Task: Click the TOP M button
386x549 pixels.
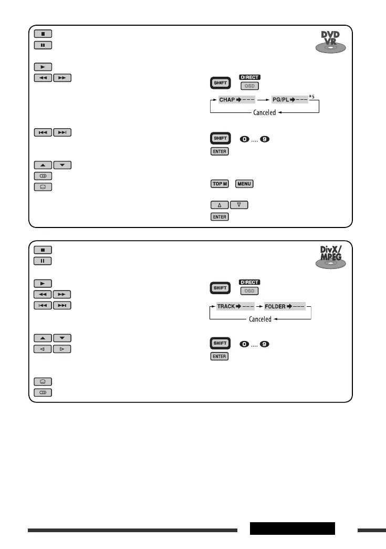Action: (x=220, y=184)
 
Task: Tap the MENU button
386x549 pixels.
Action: (x=244, y=184)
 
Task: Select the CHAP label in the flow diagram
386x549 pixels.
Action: (x=227, y=100)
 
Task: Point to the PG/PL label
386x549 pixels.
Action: (x=280, y=100)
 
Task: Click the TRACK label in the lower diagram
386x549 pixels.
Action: (x=226, y=306)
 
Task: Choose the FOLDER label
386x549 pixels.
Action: (x=275, y=306)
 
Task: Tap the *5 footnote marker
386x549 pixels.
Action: (x=311, y=97)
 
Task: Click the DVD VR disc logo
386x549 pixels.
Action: (x=330, y=42)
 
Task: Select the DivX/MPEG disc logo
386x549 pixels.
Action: (x=330, y=257)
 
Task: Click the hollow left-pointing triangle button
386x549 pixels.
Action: (x=43, y=349)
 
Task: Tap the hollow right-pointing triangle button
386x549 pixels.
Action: (x=62, y=349)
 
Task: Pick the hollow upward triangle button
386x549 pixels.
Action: (x=220, y=205)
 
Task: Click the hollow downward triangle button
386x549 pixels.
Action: (x=239, y=205)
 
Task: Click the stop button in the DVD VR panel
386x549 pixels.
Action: (x=43, y=34)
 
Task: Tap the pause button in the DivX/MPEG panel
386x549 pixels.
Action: (x=43, y=261)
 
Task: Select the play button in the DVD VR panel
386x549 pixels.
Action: (x=43, y=67)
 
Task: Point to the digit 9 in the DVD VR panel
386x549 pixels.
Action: (x=265, y=139)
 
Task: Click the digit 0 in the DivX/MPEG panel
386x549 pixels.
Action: (x=244, y=344)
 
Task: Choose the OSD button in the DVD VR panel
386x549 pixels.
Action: (x=249, y=86)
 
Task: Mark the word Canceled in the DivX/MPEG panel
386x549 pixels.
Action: (x=260, y=319)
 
